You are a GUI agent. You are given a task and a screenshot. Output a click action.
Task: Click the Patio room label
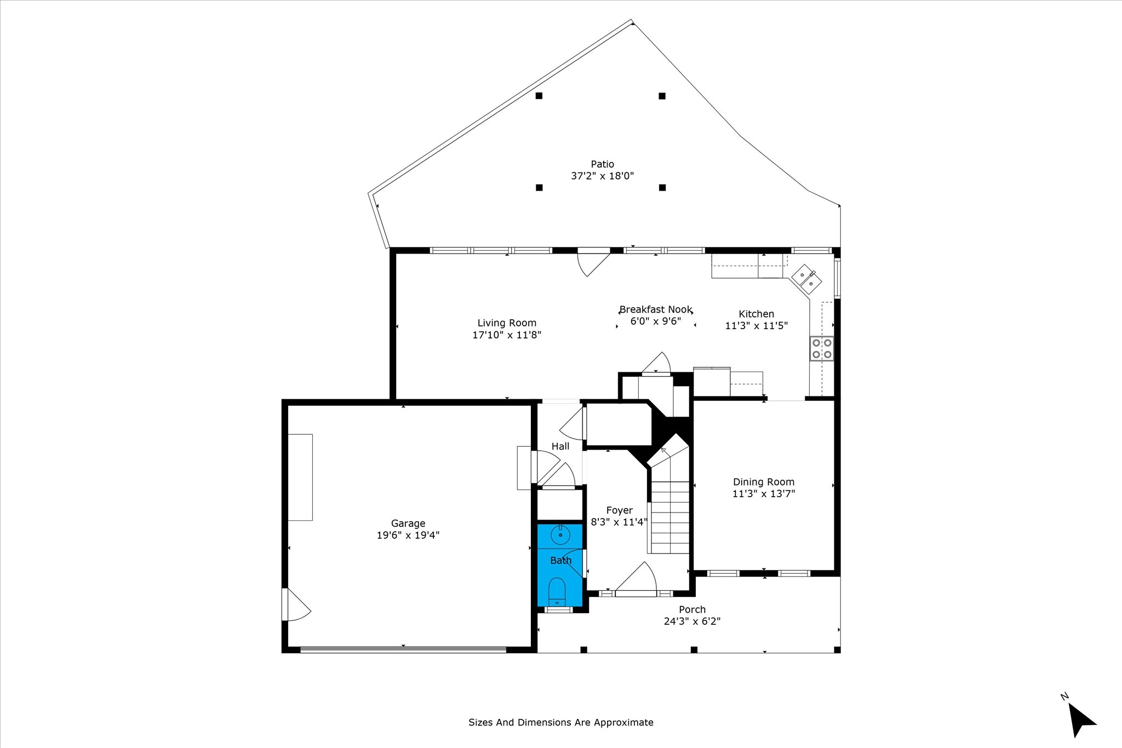click(602, 164)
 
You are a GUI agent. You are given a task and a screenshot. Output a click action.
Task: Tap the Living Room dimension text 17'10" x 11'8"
click(507, 335)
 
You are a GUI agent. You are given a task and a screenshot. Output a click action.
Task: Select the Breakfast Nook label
click(656, 309)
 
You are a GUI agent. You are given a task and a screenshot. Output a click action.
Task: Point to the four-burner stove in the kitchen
click(822, 348)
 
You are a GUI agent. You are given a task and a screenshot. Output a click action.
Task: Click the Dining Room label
click(764, 482)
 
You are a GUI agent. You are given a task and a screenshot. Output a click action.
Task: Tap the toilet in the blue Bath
click(557, 591)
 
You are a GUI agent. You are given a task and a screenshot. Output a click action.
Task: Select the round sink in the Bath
click(560, 534)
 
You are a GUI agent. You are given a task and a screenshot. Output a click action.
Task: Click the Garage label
click(408, 523)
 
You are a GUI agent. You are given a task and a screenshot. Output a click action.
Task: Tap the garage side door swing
click(295, 605)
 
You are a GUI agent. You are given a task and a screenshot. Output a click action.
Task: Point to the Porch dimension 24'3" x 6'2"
click(692, 622)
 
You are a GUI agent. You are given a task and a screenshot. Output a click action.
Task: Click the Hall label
click(560, 446)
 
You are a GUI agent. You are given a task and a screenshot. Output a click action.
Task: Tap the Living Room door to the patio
click(594, 262)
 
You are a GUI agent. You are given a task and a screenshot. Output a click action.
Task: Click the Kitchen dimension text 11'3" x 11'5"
click(756, 326)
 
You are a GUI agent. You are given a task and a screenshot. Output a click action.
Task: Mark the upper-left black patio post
click(539, 96)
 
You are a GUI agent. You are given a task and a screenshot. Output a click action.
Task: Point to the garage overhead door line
click(403, 649)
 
